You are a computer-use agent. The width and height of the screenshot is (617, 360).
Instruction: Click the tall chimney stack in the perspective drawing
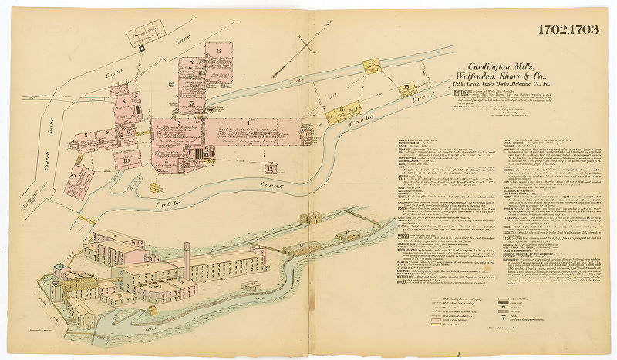(x=187, y=255)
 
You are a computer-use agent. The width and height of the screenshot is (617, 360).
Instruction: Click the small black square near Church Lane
(x=143, y=47)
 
